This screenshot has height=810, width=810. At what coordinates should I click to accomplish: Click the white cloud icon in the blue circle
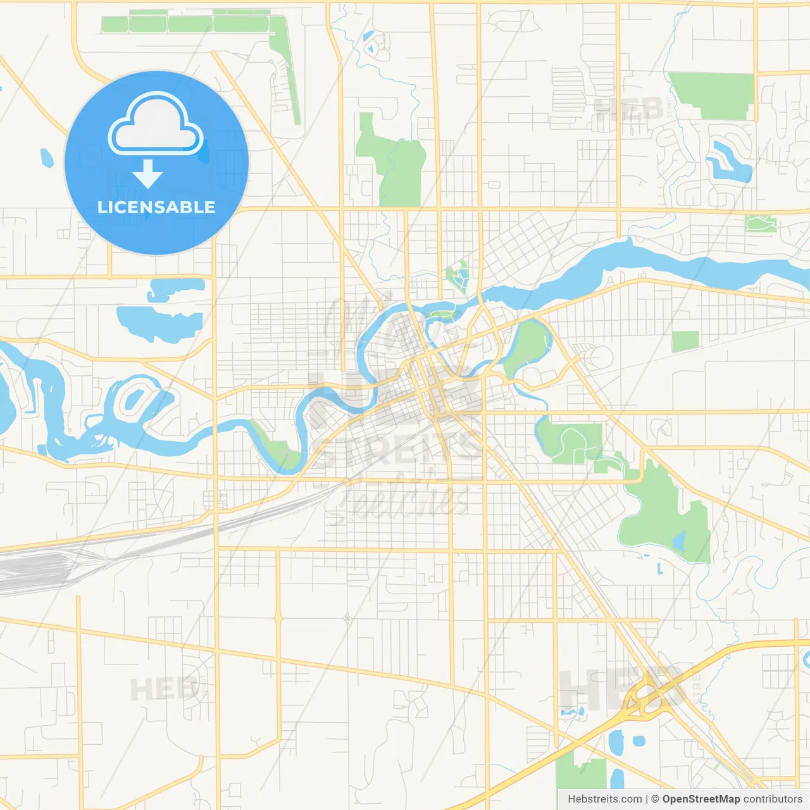[156, 125]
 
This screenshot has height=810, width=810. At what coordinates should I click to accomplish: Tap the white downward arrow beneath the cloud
[147, 174]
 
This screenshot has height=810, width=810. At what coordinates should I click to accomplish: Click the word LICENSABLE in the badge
[156, 207]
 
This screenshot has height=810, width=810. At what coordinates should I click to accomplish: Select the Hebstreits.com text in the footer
[604, 799]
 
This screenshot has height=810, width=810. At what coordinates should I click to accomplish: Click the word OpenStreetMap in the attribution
[701, 799]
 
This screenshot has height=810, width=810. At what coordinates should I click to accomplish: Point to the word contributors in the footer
[773, 799]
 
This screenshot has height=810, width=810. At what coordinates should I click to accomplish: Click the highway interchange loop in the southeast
[645, 696]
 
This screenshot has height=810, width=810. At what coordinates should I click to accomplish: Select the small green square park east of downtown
[685, 341]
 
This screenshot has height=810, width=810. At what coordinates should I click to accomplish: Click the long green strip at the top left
[187, 25]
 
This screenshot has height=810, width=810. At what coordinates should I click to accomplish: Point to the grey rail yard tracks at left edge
[32, 570]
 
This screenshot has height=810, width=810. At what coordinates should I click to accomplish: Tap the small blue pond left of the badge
[46, 158]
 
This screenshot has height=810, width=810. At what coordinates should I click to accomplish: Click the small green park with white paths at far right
[761, 223]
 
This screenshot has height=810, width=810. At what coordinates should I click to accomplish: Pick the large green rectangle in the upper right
[712, 95]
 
